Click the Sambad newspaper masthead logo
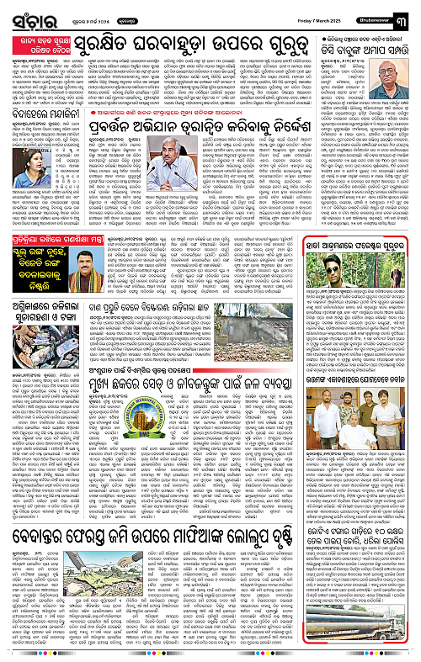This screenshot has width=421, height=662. [x=24, y=15]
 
